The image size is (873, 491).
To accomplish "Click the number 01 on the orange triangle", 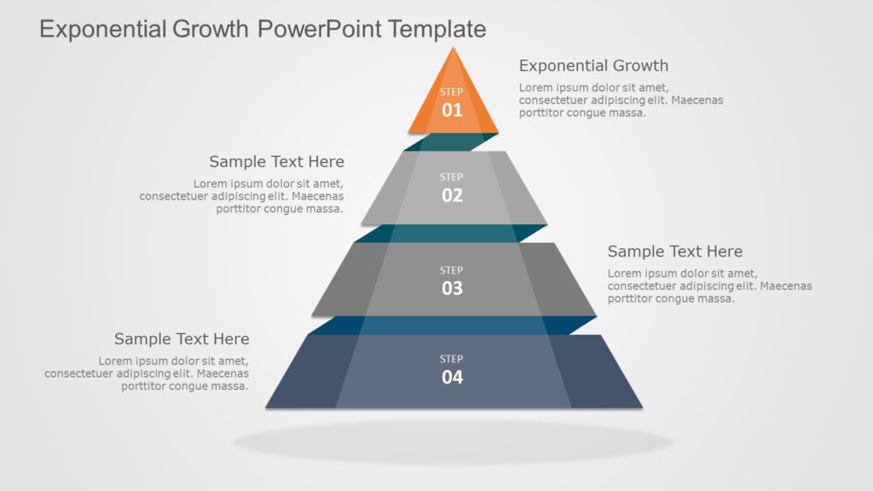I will (x=452, y=110).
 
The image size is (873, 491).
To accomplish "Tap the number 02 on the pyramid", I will (x=452, y=195).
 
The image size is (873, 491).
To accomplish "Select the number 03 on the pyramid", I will (x=452, y=288).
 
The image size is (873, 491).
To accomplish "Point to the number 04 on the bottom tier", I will (x=452, y=377).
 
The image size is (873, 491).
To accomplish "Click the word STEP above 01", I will (x=452, y=92).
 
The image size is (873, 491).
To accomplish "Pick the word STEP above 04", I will (x=452, y=359).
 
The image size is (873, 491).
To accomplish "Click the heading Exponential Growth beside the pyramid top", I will (x=593, y=66).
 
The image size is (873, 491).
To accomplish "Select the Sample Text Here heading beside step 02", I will (x=276, y=162).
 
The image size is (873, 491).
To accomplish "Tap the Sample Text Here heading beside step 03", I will (x=674, y=251).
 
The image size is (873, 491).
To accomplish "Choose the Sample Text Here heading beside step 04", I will (x=182, y=339).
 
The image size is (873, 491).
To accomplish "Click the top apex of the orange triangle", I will (x=453, y=49).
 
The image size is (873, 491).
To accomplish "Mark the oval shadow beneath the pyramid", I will (x=453, y=442).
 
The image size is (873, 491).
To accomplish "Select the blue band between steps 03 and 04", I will (x=452, y=325).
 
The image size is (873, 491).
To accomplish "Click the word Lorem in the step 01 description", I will (x=536, y=88).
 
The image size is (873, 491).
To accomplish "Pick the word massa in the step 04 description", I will (x=230, y=386).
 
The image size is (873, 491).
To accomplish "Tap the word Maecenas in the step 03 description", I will (x=785, y=286).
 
